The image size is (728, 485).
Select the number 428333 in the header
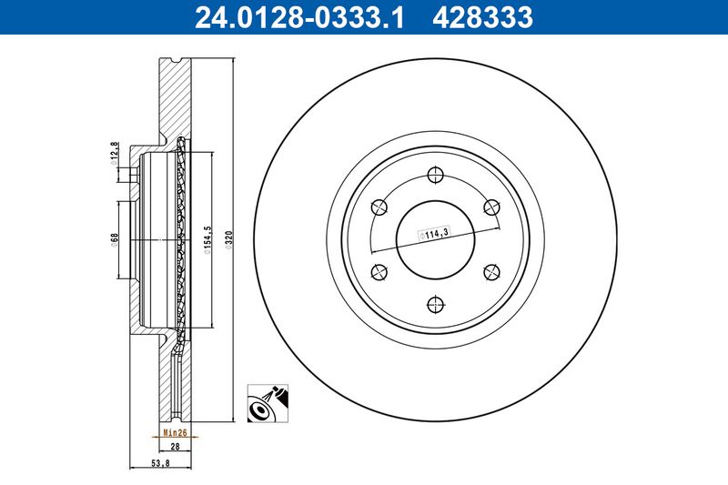click(487, 16)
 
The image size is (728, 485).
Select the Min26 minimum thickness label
click(175, 433)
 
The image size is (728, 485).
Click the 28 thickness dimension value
click(175, 448)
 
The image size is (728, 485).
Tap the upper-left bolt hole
click(379, 206)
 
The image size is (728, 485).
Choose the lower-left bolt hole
click(379, 270)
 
